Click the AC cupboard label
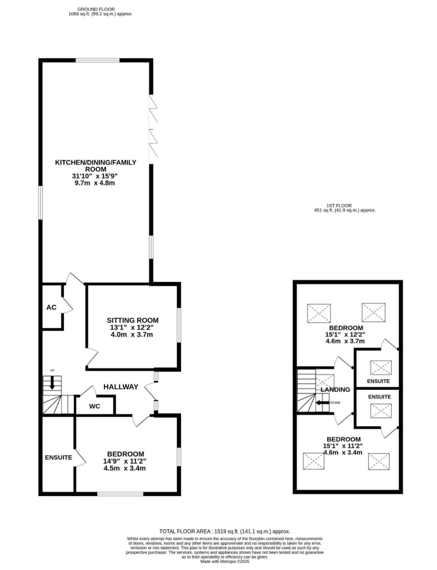pos(52,307)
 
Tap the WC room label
pos(94,406)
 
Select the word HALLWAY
pos(121,387)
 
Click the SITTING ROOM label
pos(133,320)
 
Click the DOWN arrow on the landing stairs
pos(323,403)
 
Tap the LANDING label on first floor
pos(336,390)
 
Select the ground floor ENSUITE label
pos(58,457)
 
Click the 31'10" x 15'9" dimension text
pos(95,176)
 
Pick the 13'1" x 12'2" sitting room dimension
pos(132,327)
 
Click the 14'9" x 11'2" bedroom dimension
pos(124,461)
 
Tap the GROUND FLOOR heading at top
pos(96,9)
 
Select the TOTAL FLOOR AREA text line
pos(225,531)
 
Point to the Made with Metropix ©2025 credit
pos(225,561)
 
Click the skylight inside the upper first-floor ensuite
pos(381,367)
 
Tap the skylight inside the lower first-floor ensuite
pos(381,411)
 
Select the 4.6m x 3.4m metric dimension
pos(343,453)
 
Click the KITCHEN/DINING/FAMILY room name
pos(95,163)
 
